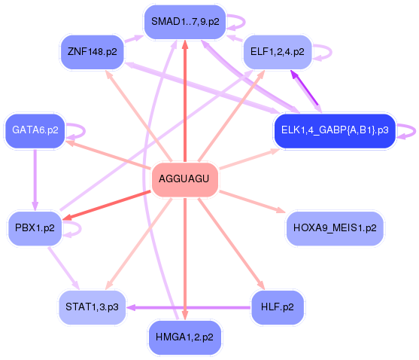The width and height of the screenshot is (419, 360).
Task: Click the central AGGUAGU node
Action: tap(185, 179)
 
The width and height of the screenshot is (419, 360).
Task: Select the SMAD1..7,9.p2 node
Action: tap(185, 21)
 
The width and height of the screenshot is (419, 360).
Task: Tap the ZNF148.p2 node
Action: tap(92, 52)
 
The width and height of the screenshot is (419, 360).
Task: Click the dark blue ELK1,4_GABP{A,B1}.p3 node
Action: tap(334, 130)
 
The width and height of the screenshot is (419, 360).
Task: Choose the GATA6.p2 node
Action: tap(35, 130)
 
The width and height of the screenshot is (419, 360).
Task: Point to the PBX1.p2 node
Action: tap(35, 228)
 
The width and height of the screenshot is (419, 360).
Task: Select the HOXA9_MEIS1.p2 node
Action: tap(335, 228)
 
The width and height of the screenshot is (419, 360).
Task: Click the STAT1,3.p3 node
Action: tap(92, 307)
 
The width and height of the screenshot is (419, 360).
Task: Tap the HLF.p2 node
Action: tap(277, 307)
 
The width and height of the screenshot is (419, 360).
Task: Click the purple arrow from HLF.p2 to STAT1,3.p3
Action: tap(188, 307)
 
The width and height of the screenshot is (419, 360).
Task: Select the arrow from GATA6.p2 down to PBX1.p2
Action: tap(35, 179)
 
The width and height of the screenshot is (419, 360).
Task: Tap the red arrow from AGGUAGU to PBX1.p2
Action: tap(109, 204)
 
